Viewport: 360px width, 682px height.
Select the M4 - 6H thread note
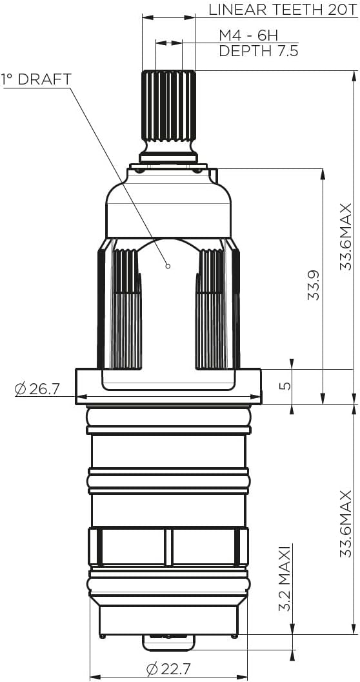click(248, 35)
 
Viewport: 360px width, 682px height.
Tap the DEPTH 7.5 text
click(258, 51)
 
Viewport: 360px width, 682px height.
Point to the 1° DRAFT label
click(36, 79)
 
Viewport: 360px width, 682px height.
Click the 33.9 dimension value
click(314, 283)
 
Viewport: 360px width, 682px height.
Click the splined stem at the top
click(168, 106)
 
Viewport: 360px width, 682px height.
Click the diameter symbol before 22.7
click(153, 669)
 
